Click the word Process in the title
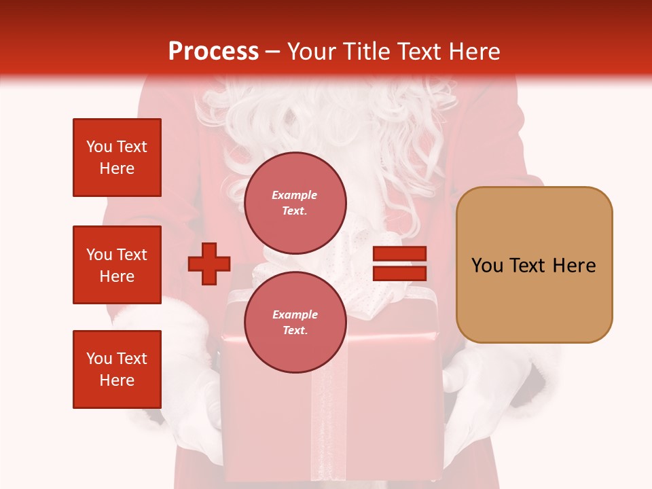(213, 52)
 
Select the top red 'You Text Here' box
(117, 158)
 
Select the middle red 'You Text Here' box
(117, 265)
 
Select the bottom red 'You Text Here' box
(117, 369)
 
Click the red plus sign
(209, 264)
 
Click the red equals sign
(399, 264)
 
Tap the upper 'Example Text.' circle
(295, 203)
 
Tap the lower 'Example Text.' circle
(295, 323)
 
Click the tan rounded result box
(534, 265)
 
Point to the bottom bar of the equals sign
(399, 274)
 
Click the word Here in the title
(473, 52)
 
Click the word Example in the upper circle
(295, 196)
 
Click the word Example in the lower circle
(295, 315)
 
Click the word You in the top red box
(99, 147)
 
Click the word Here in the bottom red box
(117, 380)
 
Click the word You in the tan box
(488, 266)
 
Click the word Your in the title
(311, 52)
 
